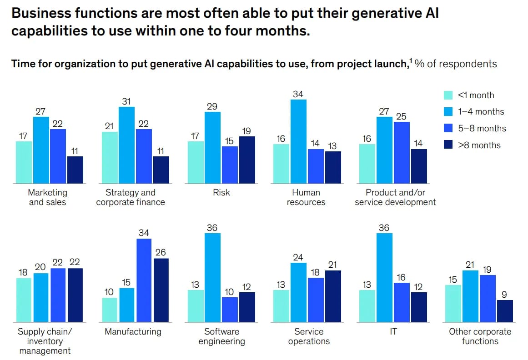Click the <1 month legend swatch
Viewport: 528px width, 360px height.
click(x=448, y=95)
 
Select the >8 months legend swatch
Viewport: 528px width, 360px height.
click(x=448, y=145)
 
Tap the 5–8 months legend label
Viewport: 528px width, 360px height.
click(x=482, y=129)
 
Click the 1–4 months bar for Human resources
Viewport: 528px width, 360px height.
click(x=298, y=141)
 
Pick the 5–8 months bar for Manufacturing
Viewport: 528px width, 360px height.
click(x=144, y=280)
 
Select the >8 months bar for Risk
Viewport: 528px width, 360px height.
click(x=246, y=160)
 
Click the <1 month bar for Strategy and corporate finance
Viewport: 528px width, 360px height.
click(x=110, y=158)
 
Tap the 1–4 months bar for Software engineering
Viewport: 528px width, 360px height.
click(x=212, y=277)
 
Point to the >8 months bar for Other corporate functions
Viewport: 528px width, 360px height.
click(x=505, y=310)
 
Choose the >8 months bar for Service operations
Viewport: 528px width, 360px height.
click(x=332, y=296)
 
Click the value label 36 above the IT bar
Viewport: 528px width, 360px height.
click(x=384, y=227)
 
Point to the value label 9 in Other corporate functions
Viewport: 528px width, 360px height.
click(x=505, y=295)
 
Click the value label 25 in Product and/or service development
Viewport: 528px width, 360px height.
click(x=402, y=116)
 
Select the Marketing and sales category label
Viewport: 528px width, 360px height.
click(x=47, y=197)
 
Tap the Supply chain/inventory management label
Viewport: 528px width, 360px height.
click(x=45, y=341)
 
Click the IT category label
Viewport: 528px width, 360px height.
click(x=393, y=332)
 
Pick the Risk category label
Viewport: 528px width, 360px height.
click(x=221, y=193)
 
